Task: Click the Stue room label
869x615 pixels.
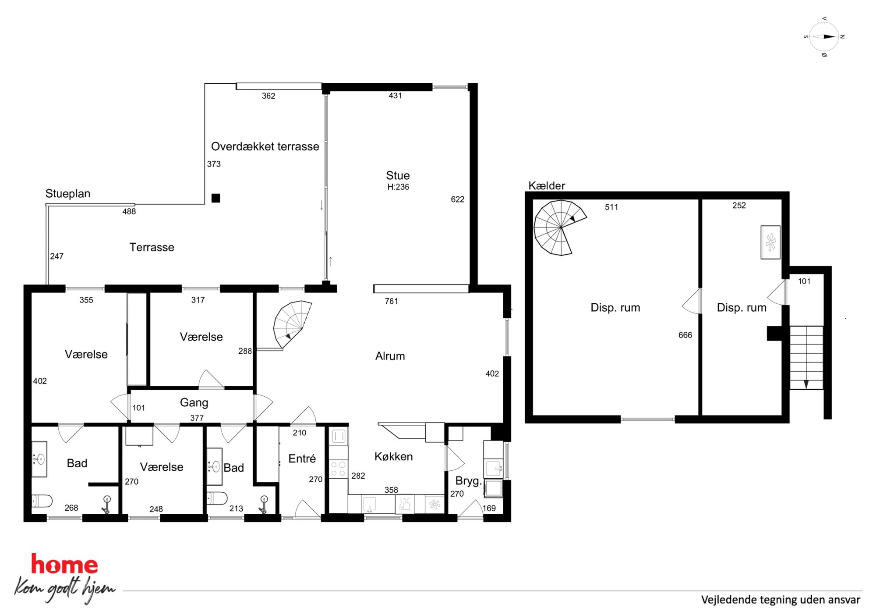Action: pyautogui.click(x=398, y=176)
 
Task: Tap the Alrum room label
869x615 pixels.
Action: pyautogui.click(x=390, y=356)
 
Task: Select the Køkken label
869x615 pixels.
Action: pyautogui.click(x=393, y=456)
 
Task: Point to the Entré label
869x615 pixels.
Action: pyautogui.click(x=302, y=459)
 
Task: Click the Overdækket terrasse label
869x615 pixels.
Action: pyautogui.click(x=265, y=146)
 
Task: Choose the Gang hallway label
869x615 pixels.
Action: pyautogui.click(x=194, y=403)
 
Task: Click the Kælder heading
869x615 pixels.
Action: pyautogui.click(x=547, y=185)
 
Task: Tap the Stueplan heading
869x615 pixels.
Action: pyautogui.click(x=68, y=194)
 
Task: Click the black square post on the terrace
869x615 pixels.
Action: pyautogui.click(x=215, y=198)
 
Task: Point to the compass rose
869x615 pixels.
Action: pyautogui.click(x=824, y=37)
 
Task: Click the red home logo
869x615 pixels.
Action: pyautogui.click(x=64, y=564)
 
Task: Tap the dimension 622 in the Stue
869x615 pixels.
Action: pyautogui.click(x=457, y=199)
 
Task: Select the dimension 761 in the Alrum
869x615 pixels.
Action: pyautogui.click(x=391, y=301)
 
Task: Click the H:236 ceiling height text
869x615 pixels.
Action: pyautogui.click(x=398, y=187)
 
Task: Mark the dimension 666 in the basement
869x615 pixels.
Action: pyautogui.click(x=685, y=335)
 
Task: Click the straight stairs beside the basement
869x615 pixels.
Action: pyautogui.click(x=806, y=357)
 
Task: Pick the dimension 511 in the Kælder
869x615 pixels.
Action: pyautogui.click(x=611, y=207)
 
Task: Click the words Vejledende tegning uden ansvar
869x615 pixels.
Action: pyautogui.click(x=781, y=600)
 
